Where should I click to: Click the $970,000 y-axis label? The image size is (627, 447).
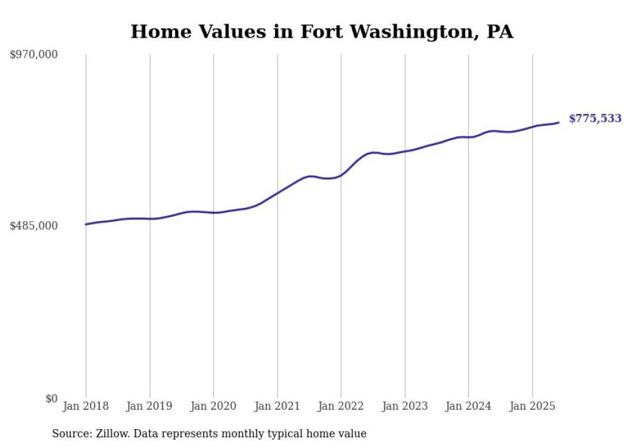[x=34, y=55]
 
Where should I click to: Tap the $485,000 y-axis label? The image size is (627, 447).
[x=34, y=226]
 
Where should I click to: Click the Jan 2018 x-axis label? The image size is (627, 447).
[x=86, y=406]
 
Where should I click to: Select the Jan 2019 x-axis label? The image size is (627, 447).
[x=150, y=406]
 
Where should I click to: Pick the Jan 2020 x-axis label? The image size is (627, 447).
[x=213, y=406]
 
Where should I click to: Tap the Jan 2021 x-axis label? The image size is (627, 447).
[x=277, y=406]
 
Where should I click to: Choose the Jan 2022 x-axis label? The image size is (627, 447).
[x=341, y=406]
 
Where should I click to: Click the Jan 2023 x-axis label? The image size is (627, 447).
[x=404, y=406]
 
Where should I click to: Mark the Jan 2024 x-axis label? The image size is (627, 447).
[x=468, y=406]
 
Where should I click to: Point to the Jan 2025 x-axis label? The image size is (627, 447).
[x=532, y=406]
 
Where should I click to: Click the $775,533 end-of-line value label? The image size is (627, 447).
[x=595, y=118]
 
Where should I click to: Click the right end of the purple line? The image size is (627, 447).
[x=559, y=123]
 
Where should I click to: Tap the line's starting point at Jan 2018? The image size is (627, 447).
[x=86, y=224]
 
